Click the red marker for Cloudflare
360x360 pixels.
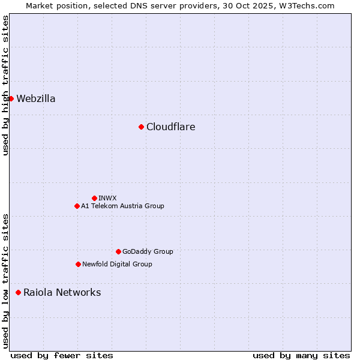coord(141,127)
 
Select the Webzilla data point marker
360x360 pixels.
coord(11,98)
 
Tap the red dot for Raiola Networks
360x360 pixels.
coord(18,292)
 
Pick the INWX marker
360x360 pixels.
coord(94,198)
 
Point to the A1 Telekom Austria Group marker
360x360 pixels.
coord(77,206)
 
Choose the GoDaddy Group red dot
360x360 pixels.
coord(118,251)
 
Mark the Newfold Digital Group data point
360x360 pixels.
coord(78,264)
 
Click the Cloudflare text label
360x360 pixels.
coord(170,127)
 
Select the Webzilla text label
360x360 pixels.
coord(36,98)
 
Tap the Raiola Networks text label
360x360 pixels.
coord(62,292)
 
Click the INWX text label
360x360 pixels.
coord(107,198)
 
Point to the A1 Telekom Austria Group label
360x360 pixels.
coord(122,206)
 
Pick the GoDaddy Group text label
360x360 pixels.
coord(148,251)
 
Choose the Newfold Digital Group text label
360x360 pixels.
coord(117,264)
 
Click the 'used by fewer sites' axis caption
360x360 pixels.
coord(62,355)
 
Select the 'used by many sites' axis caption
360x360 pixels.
coord(301,355)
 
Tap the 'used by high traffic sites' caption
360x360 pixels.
coord(5,85)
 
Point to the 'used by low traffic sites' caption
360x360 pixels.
coord(5,281)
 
